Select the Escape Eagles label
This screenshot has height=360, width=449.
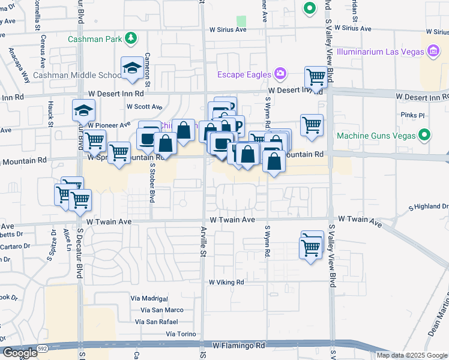pyautogui.click(x=243, y=74)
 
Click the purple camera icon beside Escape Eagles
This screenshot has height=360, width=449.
pyautogui.click(x=280, y=74)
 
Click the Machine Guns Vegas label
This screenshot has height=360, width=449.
pyautogui.click(x=375, y=136)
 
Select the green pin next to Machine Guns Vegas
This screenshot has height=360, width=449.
pyautogui.click(x=425, y=135)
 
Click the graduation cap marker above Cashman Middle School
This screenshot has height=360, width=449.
pyautogui.click(x=131, y=69)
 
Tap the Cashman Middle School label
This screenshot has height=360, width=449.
pyautogui.click(x=78, y=76)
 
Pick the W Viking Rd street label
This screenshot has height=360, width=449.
pyautogui.click(x=226, y=282)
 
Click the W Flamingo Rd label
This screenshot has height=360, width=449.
pyautogui.click(x=238, y=346)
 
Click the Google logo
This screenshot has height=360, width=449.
pyautogui.click(x=19, y=353)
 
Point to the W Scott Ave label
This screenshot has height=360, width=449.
pyautogui.click(x=144, y=107)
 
